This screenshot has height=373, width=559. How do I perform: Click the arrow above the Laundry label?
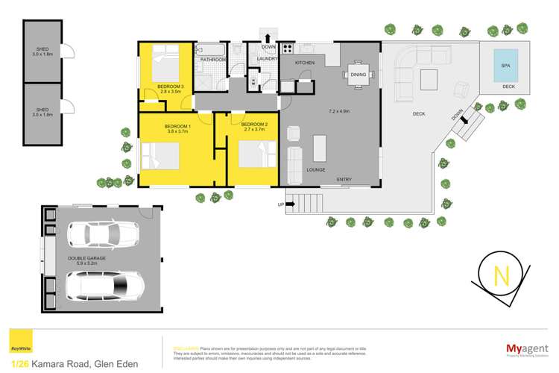[x=267, y=38]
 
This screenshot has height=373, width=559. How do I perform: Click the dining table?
[x=358, y=75]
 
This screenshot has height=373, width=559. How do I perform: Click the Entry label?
[x=344, y=179]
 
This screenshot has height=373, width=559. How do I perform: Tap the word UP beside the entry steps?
[x=281, y=204]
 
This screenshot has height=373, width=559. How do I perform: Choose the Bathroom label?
[x=212, y=59]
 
